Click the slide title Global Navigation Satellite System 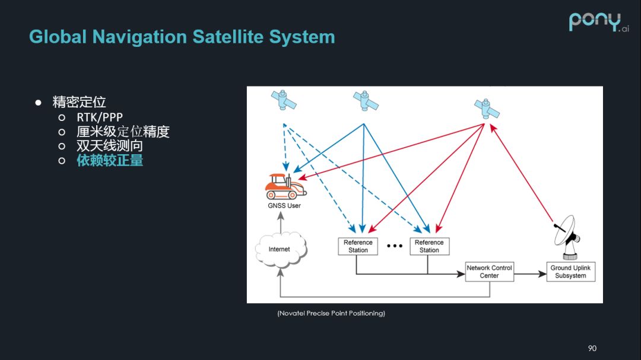pos(182,37)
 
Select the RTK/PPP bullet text pos(100,117)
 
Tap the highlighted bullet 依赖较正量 pos(110,160)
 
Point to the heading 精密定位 pos(79,102)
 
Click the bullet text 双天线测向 pos(110,146)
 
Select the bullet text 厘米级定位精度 pos(123,132)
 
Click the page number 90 pos(592,348)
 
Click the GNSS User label pos(284,206)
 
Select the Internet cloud pos(280,249)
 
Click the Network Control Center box pos(489,272)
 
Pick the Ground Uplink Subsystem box pos(570,272)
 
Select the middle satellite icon pos(365,100)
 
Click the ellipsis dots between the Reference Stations pos(394,246)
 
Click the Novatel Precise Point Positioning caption pos(331,313)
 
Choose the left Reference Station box pos(358,246)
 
